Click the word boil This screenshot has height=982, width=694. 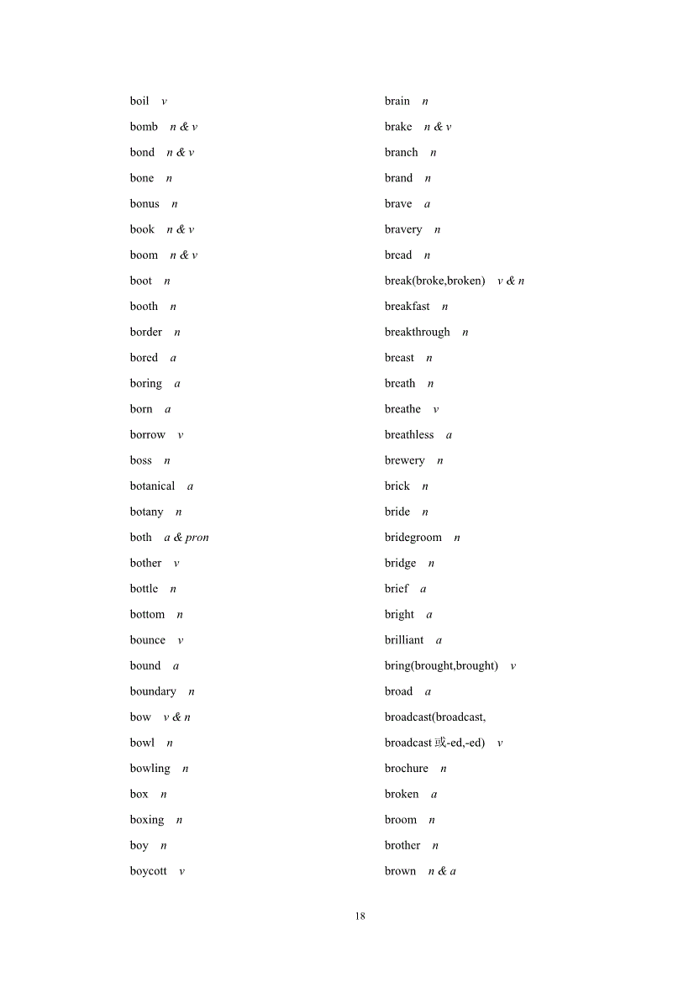pos(139,102)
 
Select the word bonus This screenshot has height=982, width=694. pos(145,204)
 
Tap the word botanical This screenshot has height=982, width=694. pos(152,486)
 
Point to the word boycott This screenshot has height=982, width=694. pos(148,871)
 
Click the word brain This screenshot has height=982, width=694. pos(397,102)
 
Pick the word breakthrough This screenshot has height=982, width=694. pos(418,333)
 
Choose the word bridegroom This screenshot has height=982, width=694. pos(413,538)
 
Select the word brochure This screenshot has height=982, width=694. pos(407,769)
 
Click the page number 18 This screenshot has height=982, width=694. pos(360,916)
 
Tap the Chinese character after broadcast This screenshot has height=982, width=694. pos(440,743)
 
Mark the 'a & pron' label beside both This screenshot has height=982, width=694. pos(187,538)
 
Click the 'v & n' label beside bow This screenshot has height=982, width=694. pos(177,717)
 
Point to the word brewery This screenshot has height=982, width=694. pos(405,460)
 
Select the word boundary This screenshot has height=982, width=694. pos(153,691)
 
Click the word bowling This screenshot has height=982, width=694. pos(150,769)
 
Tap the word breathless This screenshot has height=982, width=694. pos(409,435)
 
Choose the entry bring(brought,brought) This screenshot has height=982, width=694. pos(441,666)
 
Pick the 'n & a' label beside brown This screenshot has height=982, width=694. pos(442,871)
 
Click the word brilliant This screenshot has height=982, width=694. pos(404,640)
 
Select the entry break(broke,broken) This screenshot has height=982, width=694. pos(435,281)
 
